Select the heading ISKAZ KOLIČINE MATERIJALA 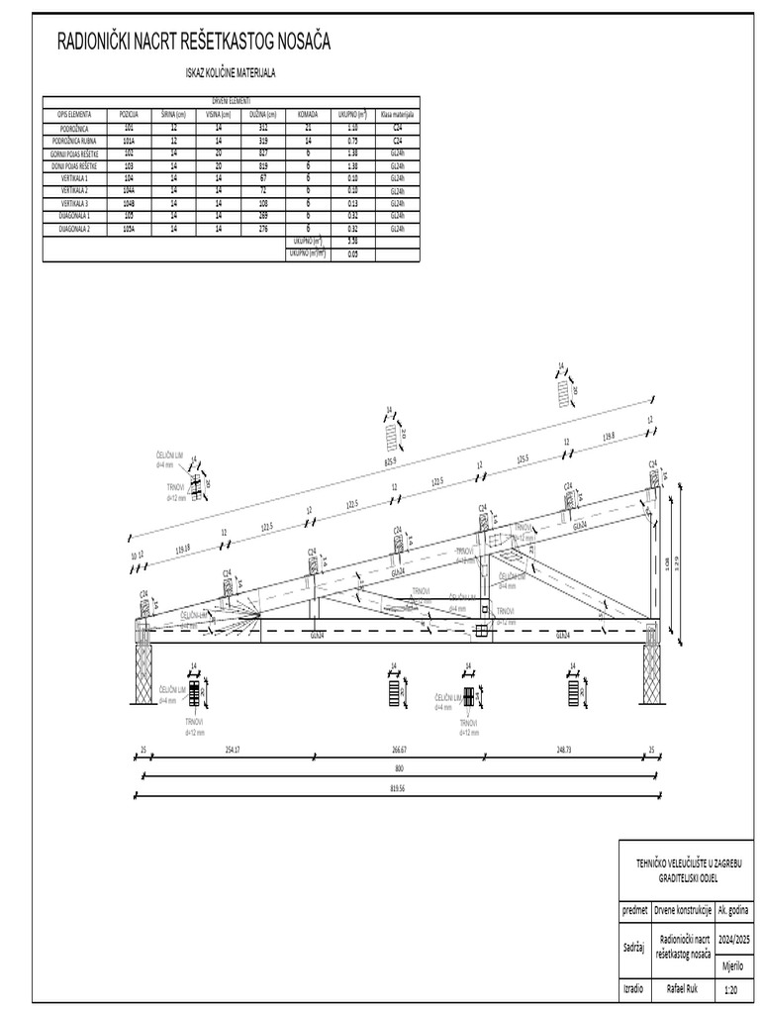pos(231,73)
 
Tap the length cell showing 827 pos(262,153)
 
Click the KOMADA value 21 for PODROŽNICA pos(309,129)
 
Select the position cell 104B pos(129,202)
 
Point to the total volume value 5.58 pos(352,241)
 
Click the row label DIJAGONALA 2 pos(75,228)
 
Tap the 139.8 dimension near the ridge pos(608,435)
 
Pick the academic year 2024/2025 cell pos(733,937)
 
